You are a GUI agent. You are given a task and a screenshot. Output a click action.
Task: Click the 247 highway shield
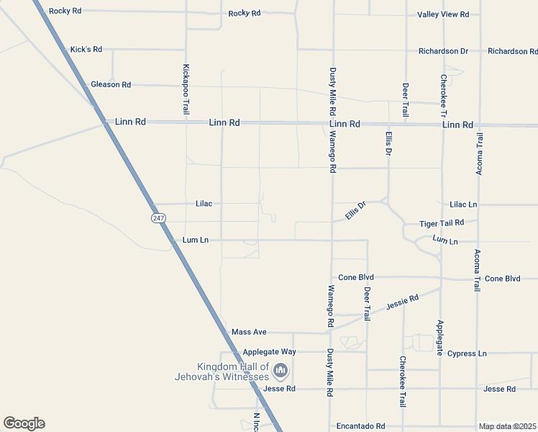[158, 217]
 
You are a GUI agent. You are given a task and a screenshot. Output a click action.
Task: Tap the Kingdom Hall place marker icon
[281, 372]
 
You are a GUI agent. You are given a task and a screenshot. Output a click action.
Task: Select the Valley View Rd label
[443, 14]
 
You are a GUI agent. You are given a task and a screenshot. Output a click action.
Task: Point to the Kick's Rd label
[86, 50]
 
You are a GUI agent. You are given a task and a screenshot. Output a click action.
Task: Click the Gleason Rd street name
[111, 84]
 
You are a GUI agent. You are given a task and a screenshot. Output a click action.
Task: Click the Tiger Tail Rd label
[442, 224]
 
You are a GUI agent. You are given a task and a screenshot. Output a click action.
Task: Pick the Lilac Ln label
[463, 204]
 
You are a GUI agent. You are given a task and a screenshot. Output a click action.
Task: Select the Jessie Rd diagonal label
[402, 300]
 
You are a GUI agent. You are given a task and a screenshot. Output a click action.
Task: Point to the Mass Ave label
[249, 332]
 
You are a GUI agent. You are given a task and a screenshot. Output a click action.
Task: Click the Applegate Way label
[269, 352]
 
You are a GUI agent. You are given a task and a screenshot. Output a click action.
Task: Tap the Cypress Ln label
[467, 354]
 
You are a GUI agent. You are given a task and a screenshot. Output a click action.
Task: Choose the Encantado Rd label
[360, 426]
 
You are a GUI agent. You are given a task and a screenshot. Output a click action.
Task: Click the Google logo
[24, 423]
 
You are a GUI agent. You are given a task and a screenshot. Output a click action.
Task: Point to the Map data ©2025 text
[508, 426]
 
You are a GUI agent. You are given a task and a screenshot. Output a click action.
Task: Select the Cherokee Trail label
[402, 382]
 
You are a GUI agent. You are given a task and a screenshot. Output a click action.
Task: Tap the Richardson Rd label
[512, 51]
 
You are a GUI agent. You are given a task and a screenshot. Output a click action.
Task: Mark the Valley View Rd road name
[443, 14]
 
